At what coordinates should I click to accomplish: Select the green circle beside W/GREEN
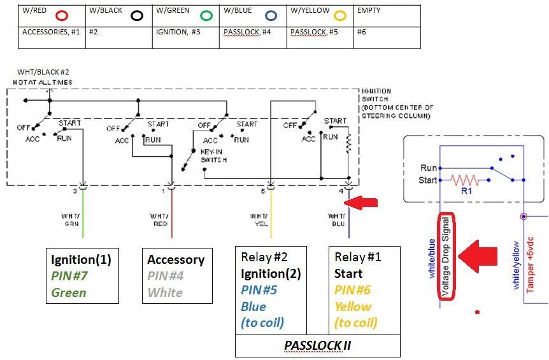click(x=205, y=16)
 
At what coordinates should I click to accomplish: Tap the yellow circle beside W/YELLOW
click(x=339, y=16)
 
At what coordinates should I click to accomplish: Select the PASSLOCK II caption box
click(x=318, y=346)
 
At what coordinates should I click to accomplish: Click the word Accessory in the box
click(x=175, y=259)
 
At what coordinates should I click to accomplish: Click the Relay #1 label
click(x=357, y=257)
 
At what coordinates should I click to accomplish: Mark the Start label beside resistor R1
click(x=429, y=180)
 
